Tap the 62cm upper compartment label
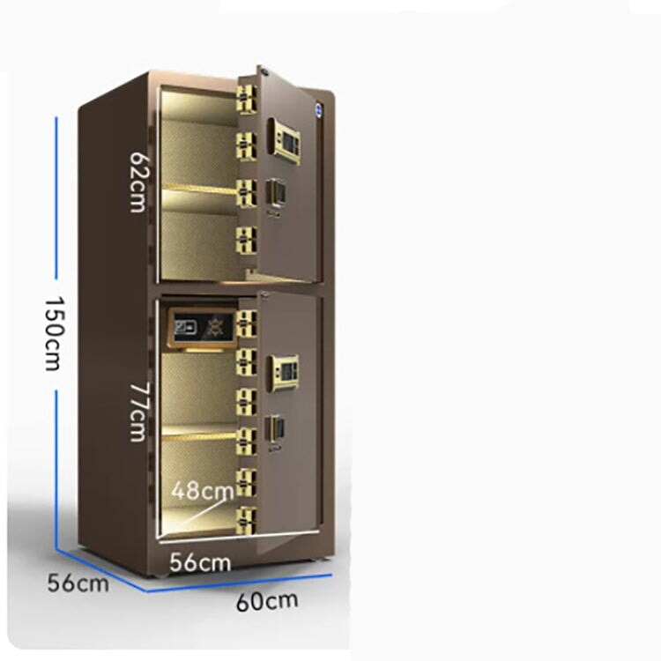tap(137, 182)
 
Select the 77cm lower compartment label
tap(137, 412)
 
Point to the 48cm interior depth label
tap(203, 491)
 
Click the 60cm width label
tap(267, 601)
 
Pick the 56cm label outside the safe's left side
tap(78, 583)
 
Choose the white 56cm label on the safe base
tap(200, 562)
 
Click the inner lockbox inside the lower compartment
tap(203, 328)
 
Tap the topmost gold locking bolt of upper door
tap(246, 99)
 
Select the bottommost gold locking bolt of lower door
tap(246, 520)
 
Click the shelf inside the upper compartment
tap(199, 189)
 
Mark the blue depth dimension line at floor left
tap(101, 569)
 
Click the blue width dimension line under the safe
tap(240, 583)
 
